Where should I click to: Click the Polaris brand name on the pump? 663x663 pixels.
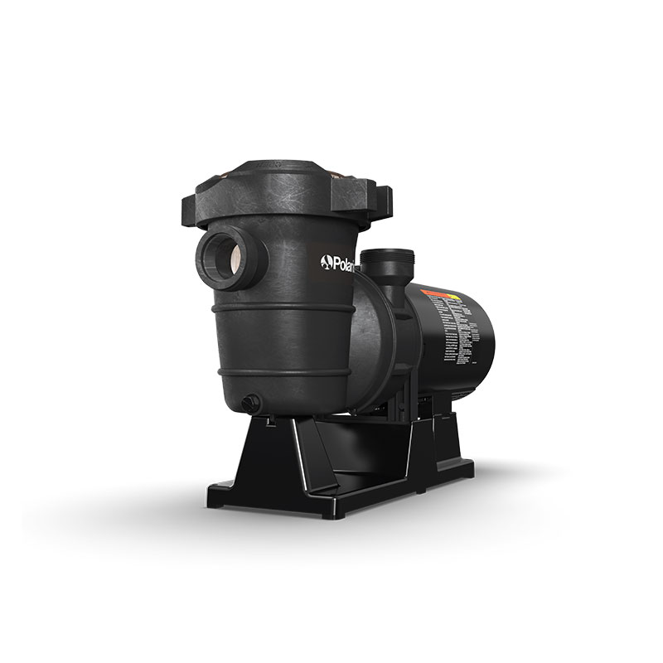[337, 264]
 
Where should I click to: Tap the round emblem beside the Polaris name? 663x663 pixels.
[325, 264]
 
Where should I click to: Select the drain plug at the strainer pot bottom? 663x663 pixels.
[249, 402]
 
